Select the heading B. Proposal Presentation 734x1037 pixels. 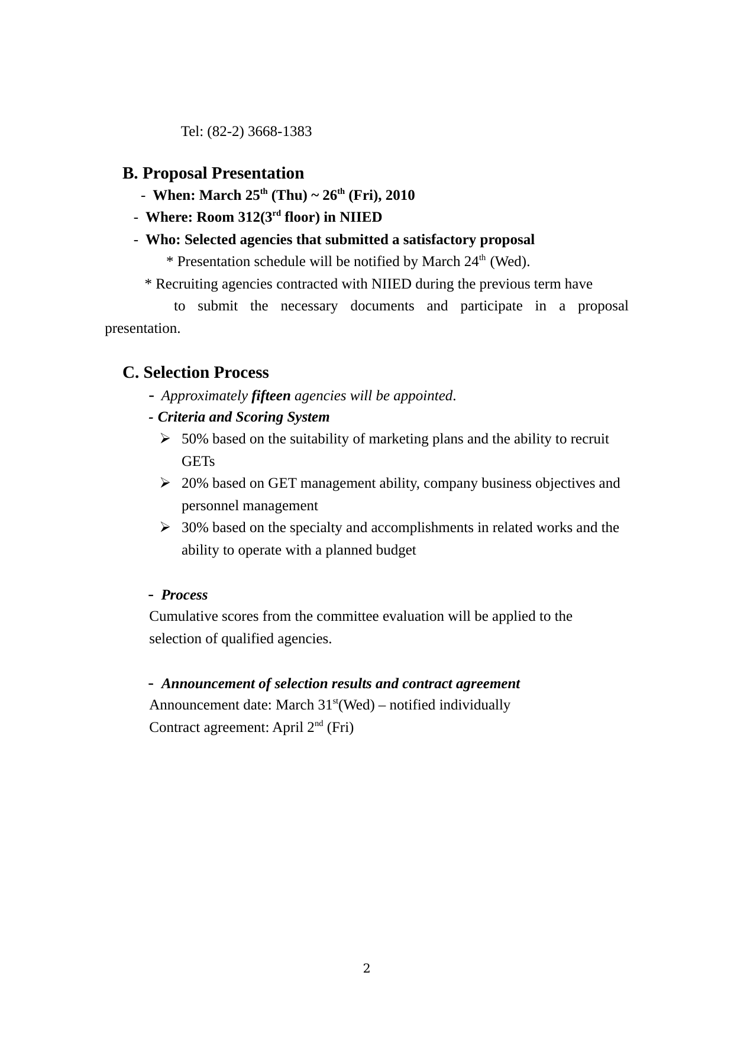coord(213,173)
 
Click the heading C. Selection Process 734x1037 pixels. coord(195,372)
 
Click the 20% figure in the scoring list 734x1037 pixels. coord(195,484)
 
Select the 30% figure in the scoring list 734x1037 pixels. coord(195,527)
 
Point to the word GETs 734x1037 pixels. coord(198,461)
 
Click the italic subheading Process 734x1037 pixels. coord(184,595)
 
